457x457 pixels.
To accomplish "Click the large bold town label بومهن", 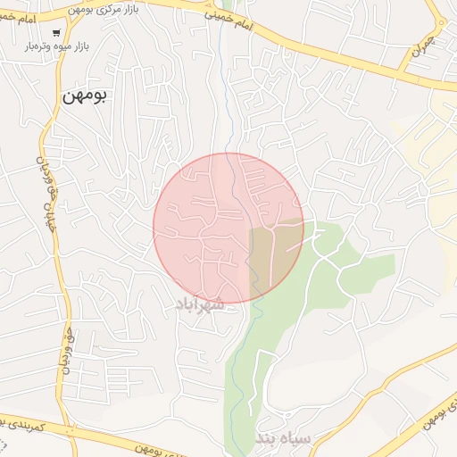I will pyautogui.click(x=85, y=96).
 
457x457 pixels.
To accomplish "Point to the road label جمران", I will pyautogui.click(x=425, y=49).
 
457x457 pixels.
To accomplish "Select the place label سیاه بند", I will pyautogui.click(x=283, y=438).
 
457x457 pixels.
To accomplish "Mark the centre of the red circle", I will pyautogui.click(x=228, y=228).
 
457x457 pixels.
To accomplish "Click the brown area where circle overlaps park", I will pyautogui.click(x=275, y=254).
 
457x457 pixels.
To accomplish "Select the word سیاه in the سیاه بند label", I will pyautogui.click(x=296, y=438).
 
